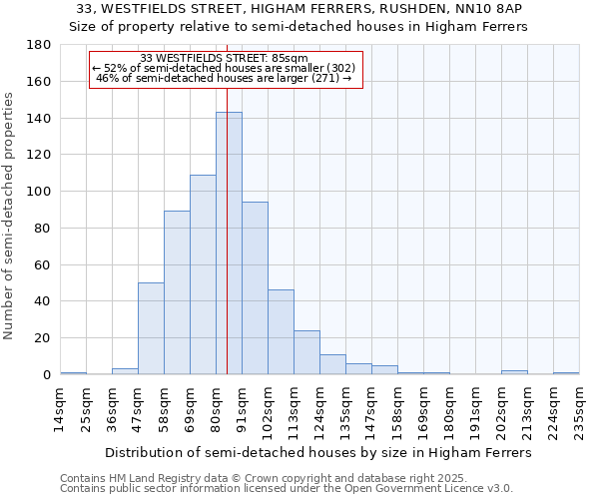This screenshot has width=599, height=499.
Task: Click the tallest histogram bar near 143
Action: [229, 244]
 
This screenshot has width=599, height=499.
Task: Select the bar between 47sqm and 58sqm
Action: [151, 328]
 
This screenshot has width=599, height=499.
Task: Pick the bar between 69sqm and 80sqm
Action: [203, 274]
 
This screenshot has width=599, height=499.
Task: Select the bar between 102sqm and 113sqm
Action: [281, 332]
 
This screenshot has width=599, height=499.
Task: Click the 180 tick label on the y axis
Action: [41, 45]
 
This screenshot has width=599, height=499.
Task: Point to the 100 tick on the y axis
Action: [41, 192]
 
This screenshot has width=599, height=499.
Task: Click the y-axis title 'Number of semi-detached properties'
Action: [9, 216]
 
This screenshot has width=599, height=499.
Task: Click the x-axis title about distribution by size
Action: [318, 452]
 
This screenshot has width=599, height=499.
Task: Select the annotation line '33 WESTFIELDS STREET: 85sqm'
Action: [225, 58]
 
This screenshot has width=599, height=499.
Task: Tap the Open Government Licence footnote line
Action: [287, 489]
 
